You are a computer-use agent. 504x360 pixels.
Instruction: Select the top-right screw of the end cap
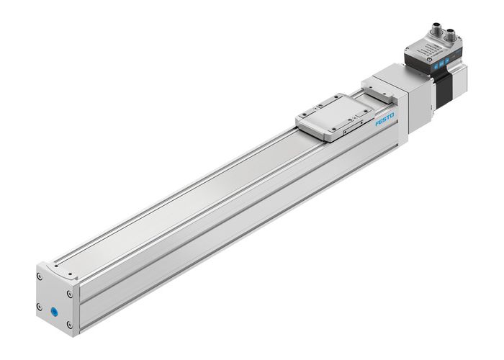(x=70, y=293)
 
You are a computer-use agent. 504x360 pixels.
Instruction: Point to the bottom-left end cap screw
(x=40, y=307)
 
